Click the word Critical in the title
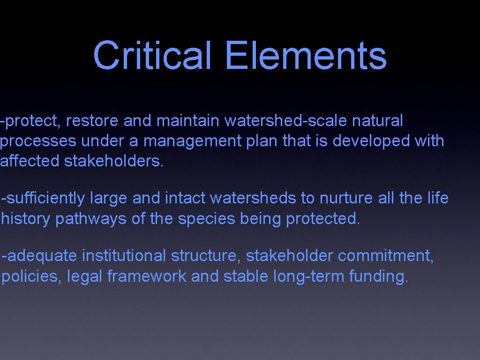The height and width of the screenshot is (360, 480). tap(152, 55)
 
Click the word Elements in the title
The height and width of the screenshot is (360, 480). tap(306, 55)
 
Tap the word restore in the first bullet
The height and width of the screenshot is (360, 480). tap(92, 121)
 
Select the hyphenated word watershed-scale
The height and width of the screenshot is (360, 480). tap(285, 121)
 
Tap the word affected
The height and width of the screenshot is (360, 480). tap(30, 161)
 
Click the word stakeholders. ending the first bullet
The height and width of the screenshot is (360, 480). tap(114, 161)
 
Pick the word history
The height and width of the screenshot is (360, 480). tap(27, 218)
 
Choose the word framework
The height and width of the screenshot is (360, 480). tap(146, 276)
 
